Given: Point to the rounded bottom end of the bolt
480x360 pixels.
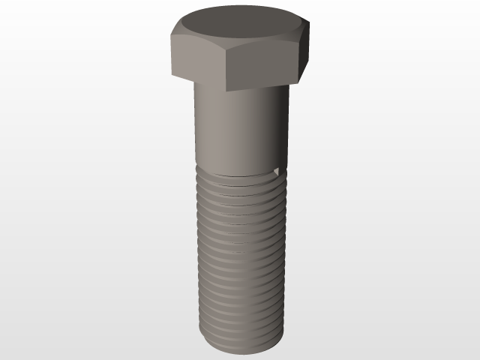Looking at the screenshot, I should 240,352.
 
